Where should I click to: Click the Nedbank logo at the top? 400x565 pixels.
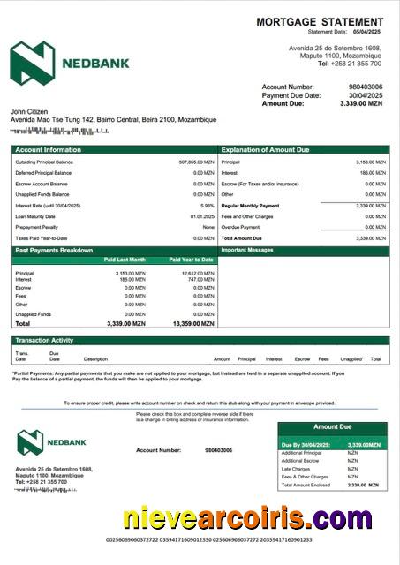pyautogui.click(x=70, y=63)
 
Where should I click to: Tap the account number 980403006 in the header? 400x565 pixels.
pyautogui.click(x=366, y=87)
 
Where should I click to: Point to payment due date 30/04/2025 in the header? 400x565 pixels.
pyautogui.click(x=366, y=95)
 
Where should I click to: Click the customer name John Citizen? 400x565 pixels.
pyautogui.click(x=29, y=111)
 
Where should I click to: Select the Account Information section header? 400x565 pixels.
pyautogui.click(x=49, y=150)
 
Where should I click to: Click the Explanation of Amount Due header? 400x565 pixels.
pyautogui.click(x=267, y=150)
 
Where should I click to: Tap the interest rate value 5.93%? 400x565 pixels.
pyautogui.click(x=208, y=205)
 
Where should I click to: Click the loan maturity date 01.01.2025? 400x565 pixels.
pyautogui.click(x=202, y=216)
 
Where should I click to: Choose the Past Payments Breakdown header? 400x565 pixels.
pyautogui.click(x=54, y=251)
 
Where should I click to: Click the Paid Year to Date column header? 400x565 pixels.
pyautogui.click(x=192, y=260)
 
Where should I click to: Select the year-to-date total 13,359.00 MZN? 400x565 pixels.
pyautogui.click(x=192, y=324)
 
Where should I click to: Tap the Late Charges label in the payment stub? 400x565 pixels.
pyautogui.click(x=295, y=469)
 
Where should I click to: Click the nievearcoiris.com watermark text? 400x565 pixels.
pyautogui.click(x=247, y=519)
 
